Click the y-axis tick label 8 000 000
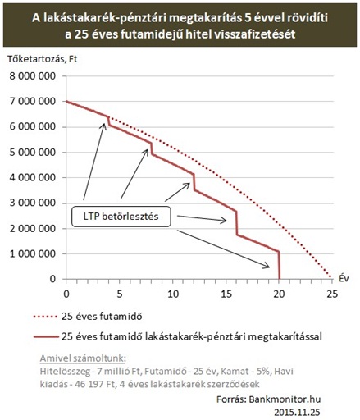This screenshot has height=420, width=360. click(33, 76)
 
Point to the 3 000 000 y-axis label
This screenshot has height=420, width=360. click(33, 203)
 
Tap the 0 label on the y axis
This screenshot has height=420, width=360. click(52, 279)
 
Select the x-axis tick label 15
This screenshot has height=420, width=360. click(226, 294)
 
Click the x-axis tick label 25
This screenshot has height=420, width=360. click(332, 294)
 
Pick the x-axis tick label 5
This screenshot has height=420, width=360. click(120, 294)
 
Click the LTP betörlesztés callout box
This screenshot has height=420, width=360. click(121, 217)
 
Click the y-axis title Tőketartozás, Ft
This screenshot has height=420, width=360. click(43, 59)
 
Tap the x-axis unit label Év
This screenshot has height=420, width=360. click(344, 278)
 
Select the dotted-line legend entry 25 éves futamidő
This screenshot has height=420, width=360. click(88, 317)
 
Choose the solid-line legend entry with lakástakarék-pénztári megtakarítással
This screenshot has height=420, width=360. click(178, 336)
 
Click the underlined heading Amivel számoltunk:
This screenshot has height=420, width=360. click(83, 358)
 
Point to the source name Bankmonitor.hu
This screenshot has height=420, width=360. click(285, 399)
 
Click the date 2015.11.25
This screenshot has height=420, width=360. click(297, 412)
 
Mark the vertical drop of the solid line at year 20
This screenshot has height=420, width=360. click(279, 265)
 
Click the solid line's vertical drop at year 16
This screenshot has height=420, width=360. click(236, 223)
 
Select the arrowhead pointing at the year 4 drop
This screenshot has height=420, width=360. click(104, 126)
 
